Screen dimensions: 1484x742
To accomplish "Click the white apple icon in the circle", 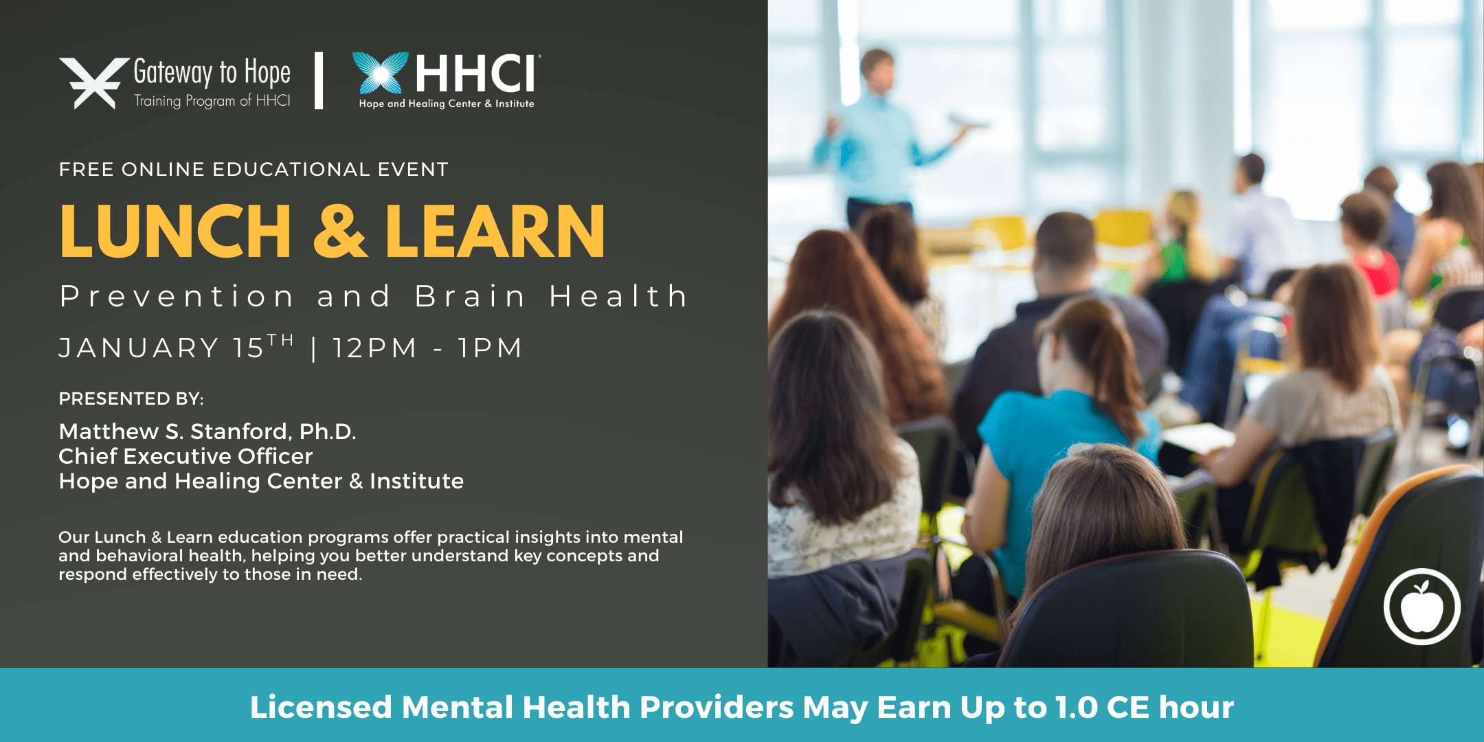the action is [x=1421, y=607].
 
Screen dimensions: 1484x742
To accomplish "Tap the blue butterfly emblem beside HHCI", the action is [x=380, y=72].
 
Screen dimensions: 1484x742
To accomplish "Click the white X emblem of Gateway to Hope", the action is [x=94, y=83].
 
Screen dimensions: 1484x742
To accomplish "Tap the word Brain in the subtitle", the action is [x=470, y=297].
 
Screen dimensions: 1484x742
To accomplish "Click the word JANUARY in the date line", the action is [x=139, y=348].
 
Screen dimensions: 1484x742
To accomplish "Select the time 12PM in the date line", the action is [x=374, y=348].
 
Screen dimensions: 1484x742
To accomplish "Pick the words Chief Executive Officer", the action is [x=185, y=456].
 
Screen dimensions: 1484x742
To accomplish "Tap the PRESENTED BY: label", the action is [x=131, y=398].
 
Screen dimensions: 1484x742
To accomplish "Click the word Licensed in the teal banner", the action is [x=321, y=708].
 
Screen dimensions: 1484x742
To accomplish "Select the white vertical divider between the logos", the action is [x=319, y=80].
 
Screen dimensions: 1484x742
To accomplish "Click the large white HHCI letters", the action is [x=476, y=74].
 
